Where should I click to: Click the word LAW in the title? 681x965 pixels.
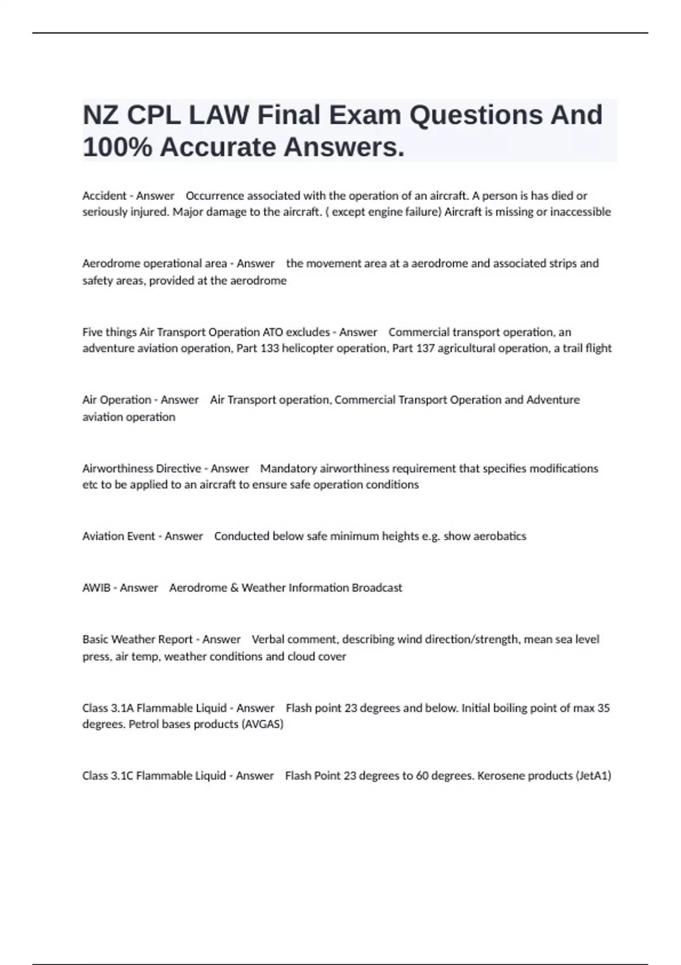pos(218,115)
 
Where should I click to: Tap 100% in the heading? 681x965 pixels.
pos(117,148)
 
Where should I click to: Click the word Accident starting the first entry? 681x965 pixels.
pos(104,196)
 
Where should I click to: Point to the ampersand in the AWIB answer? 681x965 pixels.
pos(234,588)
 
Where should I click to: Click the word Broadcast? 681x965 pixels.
pos(377,588)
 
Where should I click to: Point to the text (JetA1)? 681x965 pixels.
pos(593,775)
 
